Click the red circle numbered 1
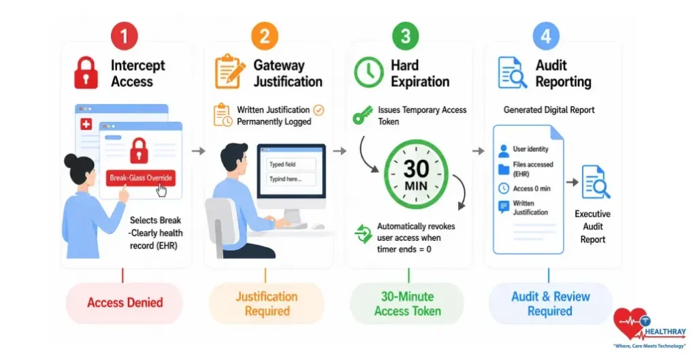[124, 35]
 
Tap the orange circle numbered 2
[265, 35]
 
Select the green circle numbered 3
[406, 35]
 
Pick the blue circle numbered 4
[546, 35]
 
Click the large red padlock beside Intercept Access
[86, 72]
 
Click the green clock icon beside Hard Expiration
[368, 72]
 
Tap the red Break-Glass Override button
[141, 178]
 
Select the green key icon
[363, 114]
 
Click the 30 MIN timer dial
[416, 174]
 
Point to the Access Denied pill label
[125, 303]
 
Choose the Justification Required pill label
[267, 304]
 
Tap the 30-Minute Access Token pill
[408, 304]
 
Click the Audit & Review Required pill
[550, 304]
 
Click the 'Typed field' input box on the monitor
[291, 165]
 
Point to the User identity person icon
[504, 150]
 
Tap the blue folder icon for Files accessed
[504, 169]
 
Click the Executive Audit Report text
[593, 227]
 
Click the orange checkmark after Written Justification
[319, 110]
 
